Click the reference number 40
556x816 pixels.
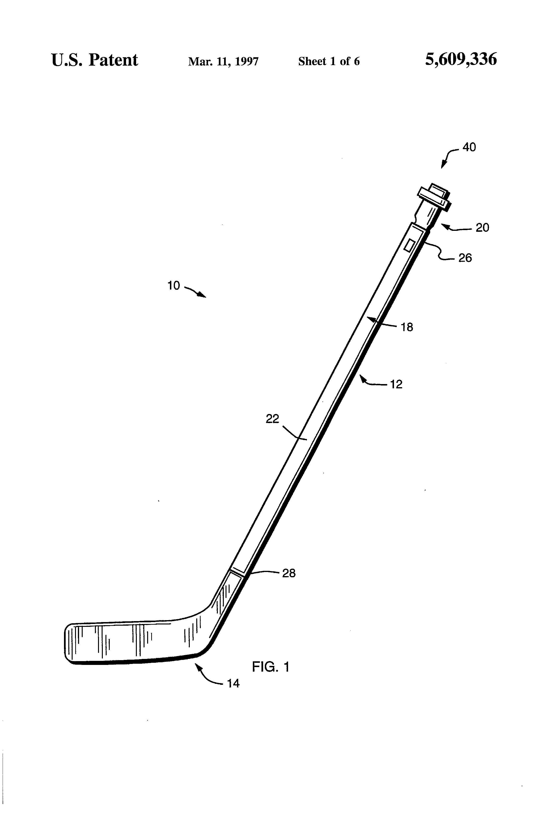pos(469,147)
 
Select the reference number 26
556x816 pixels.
pos(465,258)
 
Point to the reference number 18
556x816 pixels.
pos(407,327)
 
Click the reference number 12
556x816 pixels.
pos(396,385)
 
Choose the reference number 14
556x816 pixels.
pos(233,683)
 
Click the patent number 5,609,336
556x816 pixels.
pos(461,59)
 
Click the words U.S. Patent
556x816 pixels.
pos(94,60)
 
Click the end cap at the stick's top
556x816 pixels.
pos(433,197)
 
